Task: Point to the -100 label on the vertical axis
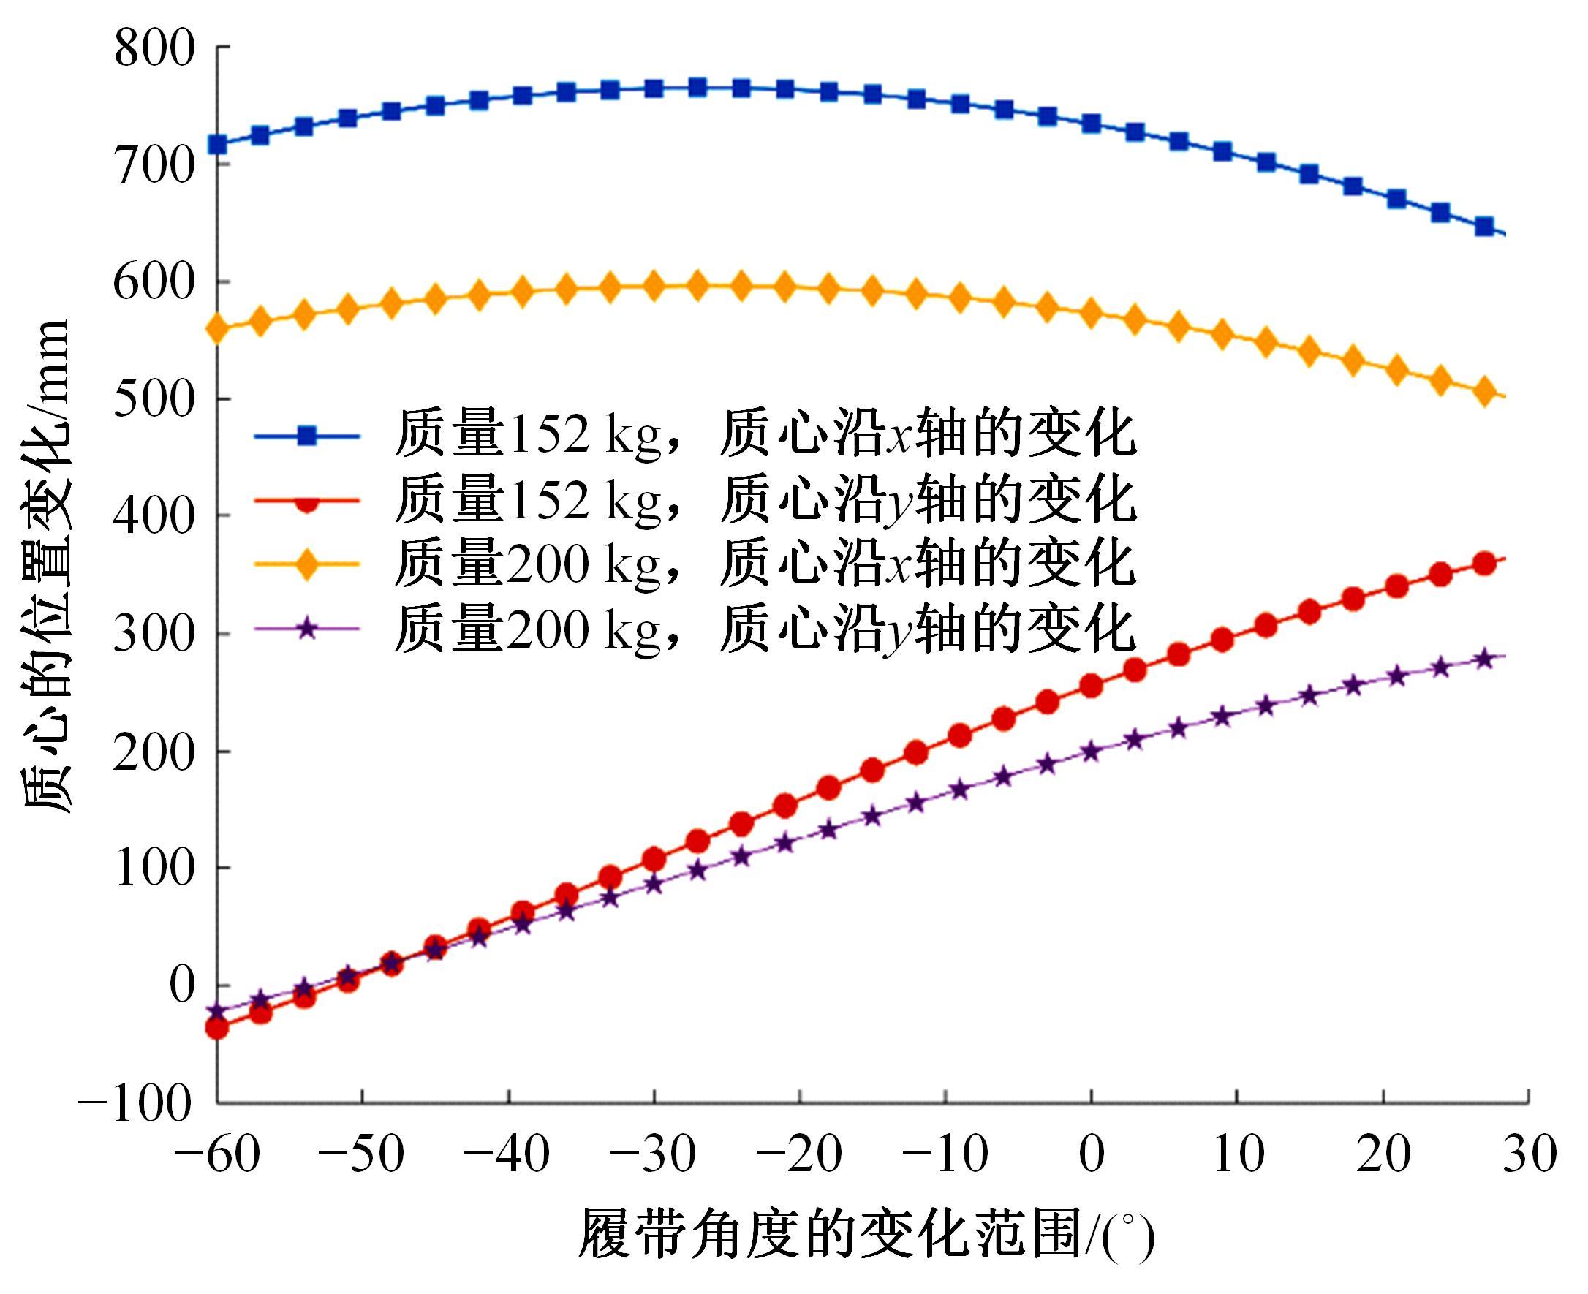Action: coord(135,1103)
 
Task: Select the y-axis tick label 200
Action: coord(154,752)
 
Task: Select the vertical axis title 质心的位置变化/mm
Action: coord(46,567)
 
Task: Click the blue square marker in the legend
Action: coord(306,435)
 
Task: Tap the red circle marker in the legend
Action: coord(306,500)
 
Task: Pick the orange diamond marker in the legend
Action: coord(306,564)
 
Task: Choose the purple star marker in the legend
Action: coord(306,629)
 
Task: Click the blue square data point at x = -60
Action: coord(217,144)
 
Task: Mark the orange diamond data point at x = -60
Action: coord(217,329)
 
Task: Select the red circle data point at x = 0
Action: coord(1092,685)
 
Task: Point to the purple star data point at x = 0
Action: coord(1092,752)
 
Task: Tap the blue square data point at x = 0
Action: coord(1092,123)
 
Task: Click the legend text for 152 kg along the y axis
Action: coord(765,500)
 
